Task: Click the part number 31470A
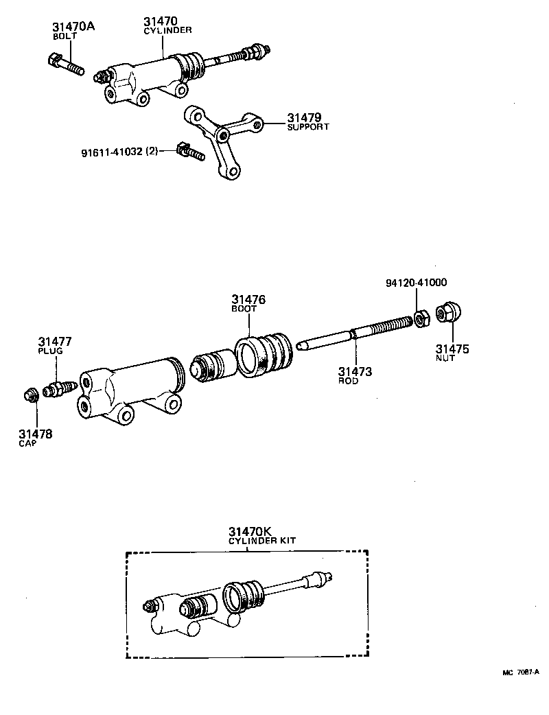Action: tap(73, 27)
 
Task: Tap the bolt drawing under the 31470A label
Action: tap(66, 64)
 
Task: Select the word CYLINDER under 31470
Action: tap(167, 31)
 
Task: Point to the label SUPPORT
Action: tap(308, 127)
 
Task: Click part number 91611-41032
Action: tap(108, 151)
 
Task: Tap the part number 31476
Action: tap(248, 300)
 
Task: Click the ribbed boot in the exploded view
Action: tap(264, 354)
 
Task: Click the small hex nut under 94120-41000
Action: tap(421, 318)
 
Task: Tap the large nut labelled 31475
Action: tap(448, 313)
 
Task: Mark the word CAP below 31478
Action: tap(29, 444)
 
